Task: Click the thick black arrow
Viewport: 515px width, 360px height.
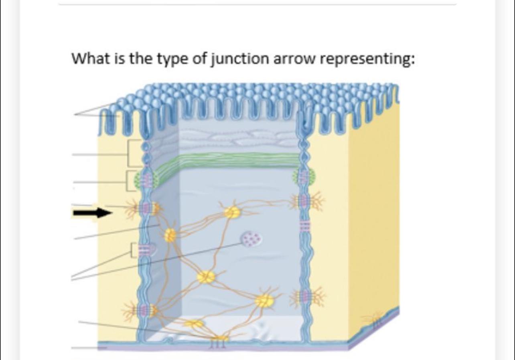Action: pos(92,213)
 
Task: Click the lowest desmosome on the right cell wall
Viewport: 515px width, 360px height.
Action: pos(306,297)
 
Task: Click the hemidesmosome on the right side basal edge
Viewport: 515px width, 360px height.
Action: pos(376,320)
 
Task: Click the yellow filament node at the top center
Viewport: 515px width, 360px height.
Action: pos(231,212)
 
